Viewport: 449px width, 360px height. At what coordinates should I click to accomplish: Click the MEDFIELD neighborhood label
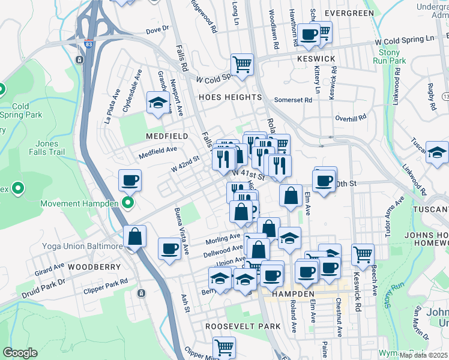coord(167,136)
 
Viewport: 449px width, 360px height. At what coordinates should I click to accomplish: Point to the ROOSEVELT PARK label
coord(243,326)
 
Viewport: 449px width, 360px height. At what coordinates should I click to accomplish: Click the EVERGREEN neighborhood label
coord(349,13)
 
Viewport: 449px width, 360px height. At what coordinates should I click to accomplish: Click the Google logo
coord(20,353)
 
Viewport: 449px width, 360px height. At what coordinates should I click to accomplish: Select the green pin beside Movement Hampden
coord(127,203)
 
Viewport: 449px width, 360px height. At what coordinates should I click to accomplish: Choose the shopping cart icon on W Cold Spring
coord(242,64)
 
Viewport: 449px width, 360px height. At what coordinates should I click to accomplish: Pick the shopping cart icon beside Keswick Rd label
coord(363,254)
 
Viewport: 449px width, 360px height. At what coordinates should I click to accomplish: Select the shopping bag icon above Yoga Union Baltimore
coord(136,236)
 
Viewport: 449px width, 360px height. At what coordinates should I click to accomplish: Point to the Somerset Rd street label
coord(294,100)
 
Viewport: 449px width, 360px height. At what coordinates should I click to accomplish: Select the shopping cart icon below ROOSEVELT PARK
coord(224,347)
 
